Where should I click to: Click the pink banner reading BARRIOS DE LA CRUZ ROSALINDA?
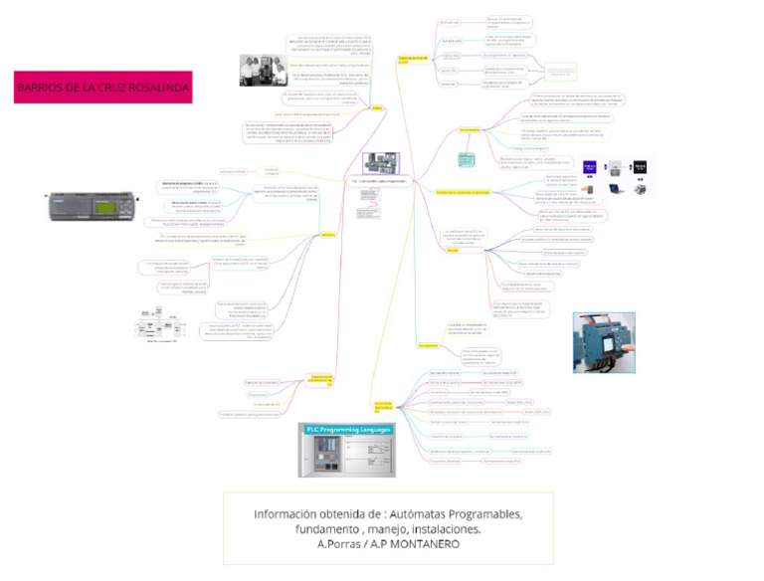click(x=102, y=89)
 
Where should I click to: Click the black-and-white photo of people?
click(x=263, y=71)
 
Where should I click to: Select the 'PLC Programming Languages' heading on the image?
click(x=347, y=429)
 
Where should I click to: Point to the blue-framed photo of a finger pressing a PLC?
click(x=603, y=341)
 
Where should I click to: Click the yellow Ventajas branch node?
click(x=452, y=250)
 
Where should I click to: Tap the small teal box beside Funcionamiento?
click(x=467, y=159)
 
